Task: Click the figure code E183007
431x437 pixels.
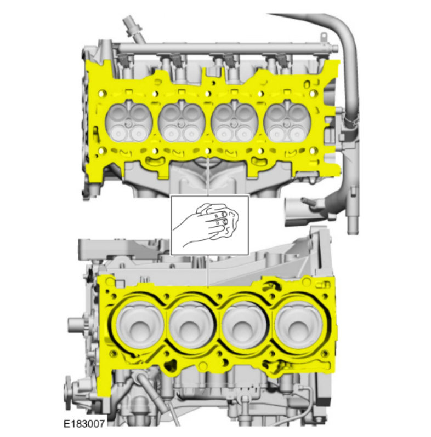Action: click(x=84, y=424)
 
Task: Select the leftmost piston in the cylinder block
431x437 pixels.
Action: click(x=140, y=326)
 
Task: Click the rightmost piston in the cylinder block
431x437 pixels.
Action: click(x=298, y=326)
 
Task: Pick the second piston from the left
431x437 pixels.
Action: click(x=192, y=326)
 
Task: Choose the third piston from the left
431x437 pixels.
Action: click(x=245, y=326)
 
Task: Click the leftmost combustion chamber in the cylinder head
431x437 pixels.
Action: click(x=129, y=122)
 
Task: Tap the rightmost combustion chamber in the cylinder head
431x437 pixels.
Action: click(x=287, y=122)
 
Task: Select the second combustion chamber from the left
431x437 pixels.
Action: click(x=182, y=122)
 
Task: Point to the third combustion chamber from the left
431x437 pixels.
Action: click(x=235, y=122)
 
